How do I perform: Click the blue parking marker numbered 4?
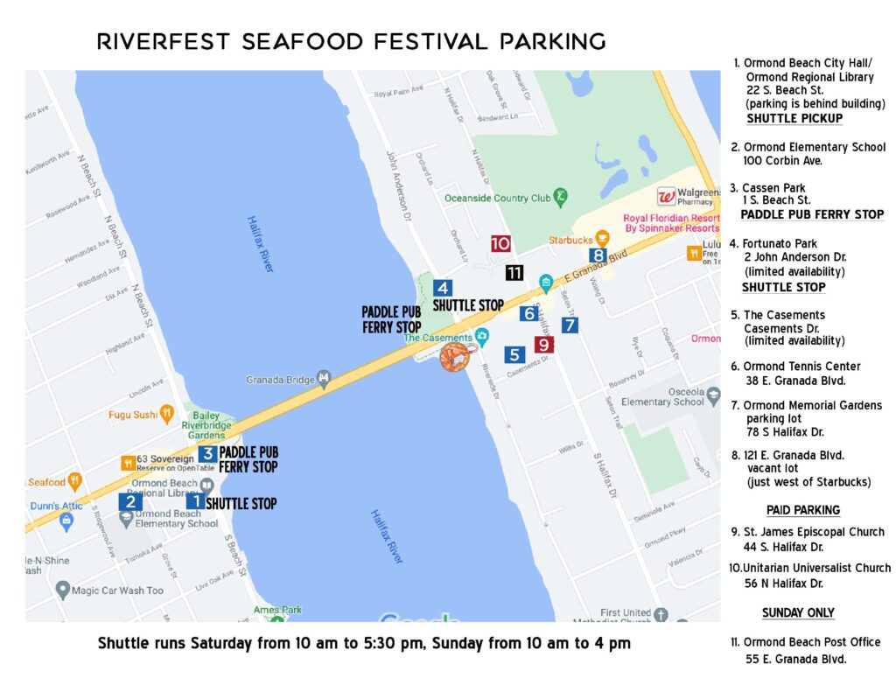pos(443,288)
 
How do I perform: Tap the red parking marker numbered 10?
pos(500,244)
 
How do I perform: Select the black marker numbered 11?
pos(514,272)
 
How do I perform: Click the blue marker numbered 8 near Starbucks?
pos(598,255)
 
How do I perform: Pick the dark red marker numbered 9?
pos(543,345)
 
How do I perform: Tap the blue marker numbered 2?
pos(130,501)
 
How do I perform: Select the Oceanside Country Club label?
pos(497,198)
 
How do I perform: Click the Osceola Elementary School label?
pos(662,396)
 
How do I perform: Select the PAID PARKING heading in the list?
pos(802,510)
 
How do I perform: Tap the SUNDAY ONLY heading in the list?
pos(798,612)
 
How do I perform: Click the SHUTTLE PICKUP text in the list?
pos(794,118)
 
